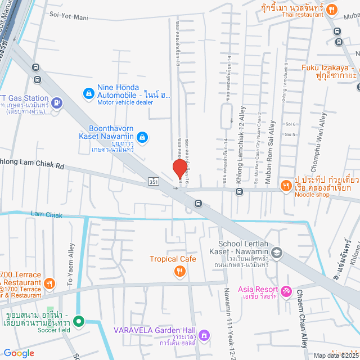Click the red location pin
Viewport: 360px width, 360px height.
pos(179,168)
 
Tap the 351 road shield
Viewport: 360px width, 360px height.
pos(154,182)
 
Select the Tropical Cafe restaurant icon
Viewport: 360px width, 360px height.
pos(179,272)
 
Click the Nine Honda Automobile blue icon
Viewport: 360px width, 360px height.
pos(88,93)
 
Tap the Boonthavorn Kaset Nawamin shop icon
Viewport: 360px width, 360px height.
pos(143,136)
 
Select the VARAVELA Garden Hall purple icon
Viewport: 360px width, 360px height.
pos(205,335)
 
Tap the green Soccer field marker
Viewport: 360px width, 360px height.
pos(79,322)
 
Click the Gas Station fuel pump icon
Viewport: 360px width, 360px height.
pos(56,103)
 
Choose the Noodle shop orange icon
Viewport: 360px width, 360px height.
pos(286,185)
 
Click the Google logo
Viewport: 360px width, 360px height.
pos(19,353)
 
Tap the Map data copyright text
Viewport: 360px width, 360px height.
pos(335,355)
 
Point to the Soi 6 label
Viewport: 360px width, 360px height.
pos(290,124)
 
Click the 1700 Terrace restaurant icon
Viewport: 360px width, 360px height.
pos(49,283)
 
